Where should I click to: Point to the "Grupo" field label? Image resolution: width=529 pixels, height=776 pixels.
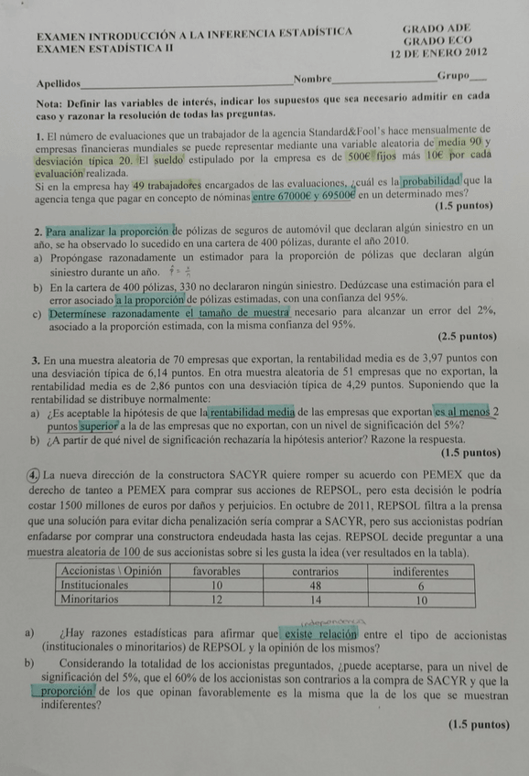453,75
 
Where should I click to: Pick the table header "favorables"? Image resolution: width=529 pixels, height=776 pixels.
217,571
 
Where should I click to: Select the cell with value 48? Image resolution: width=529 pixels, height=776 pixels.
315,586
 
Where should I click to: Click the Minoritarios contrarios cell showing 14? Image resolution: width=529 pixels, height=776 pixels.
315,600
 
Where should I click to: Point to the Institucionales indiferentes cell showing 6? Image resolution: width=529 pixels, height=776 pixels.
420,586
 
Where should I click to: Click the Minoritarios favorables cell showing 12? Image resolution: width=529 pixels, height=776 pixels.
217,600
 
